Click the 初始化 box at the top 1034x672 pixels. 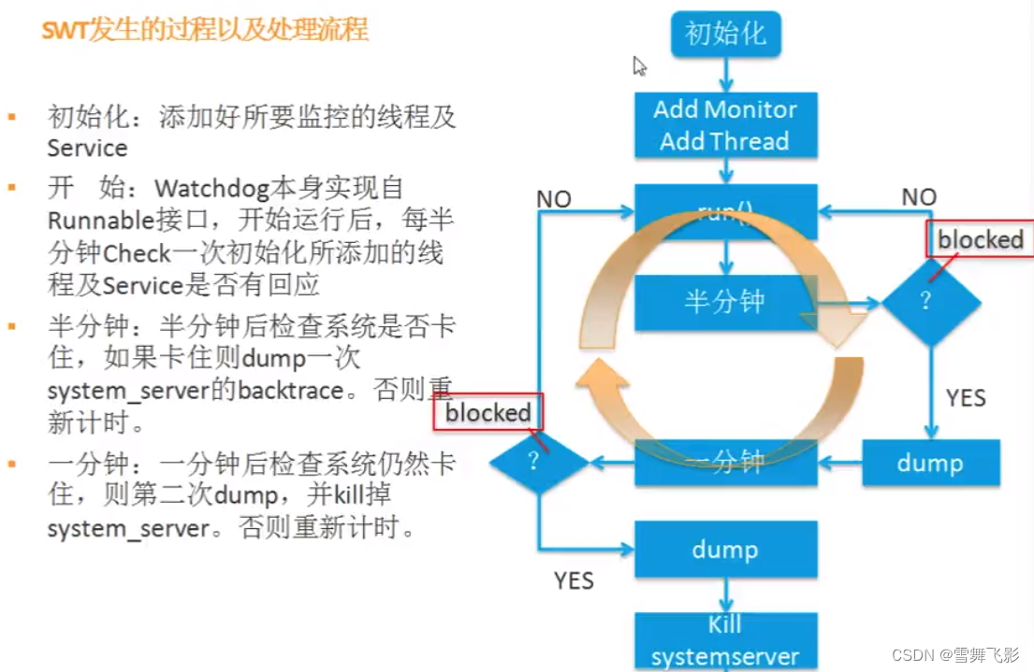[725, 34]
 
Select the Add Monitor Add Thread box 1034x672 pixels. [725, 124]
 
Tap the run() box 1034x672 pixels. [725, 211]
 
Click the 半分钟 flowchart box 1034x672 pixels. [725, 302]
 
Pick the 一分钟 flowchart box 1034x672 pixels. [725, 462]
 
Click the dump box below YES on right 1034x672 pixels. [930, 462]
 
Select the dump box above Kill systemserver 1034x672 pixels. [725, 550]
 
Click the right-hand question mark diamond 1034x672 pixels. [930, 302]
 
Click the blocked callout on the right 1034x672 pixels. [980, 240]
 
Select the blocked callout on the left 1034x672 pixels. [488, 412]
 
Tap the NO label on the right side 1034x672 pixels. [919, 197]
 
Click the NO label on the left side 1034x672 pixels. [554, 199]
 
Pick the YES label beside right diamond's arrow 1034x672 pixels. [966, 398]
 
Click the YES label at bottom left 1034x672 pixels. [574, 580]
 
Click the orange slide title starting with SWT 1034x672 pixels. [205, 30]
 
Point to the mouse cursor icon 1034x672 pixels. [639, 66]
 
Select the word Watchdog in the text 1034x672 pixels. [211, 187]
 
